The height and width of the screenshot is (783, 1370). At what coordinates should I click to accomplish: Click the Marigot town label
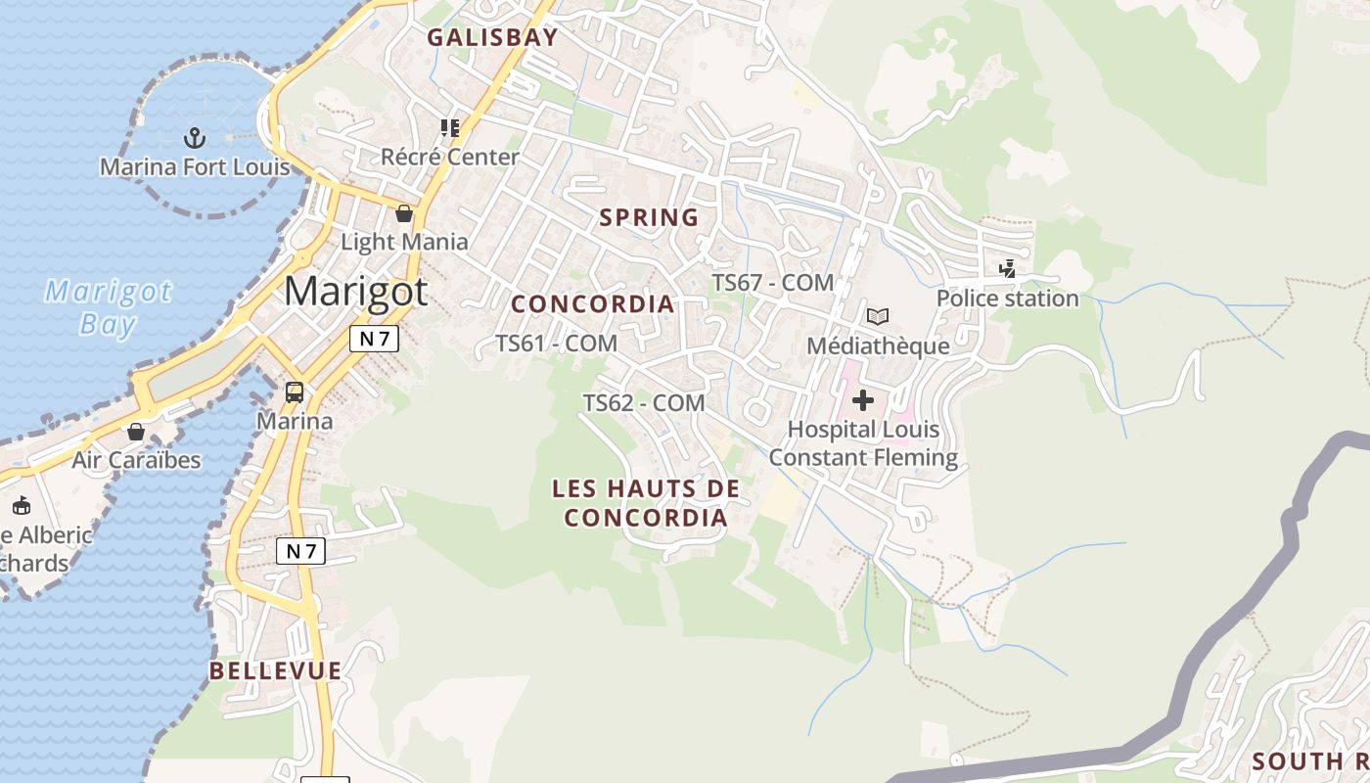coord(356,291)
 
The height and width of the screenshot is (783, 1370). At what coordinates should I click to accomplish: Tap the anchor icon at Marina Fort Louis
coord(195,137)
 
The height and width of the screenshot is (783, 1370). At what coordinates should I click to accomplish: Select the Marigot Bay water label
coord(108,307)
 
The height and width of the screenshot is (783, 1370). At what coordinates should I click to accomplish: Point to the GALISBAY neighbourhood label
coord(492,38)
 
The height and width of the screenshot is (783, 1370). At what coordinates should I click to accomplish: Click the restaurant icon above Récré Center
coord(450,128)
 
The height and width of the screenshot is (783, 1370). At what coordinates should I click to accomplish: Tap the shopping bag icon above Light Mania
coord(404,213)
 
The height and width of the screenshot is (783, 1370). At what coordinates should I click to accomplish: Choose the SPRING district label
coord(649,217)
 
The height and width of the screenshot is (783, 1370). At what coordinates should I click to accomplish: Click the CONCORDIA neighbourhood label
coord(593,304)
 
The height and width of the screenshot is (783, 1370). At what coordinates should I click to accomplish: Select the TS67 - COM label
coord(772,283)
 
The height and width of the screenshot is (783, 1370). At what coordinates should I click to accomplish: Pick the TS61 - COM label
coord(556,344)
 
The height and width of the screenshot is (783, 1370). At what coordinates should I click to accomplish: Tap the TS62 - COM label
coord(644,402)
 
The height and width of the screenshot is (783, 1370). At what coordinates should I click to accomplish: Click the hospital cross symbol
coord(863,399)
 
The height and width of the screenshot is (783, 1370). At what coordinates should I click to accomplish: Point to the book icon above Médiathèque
coord(878,316)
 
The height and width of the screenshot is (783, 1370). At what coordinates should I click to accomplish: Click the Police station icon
coord(1007,268)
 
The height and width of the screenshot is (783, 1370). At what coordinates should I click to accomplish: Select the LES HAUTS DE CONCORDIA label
coord(646,502)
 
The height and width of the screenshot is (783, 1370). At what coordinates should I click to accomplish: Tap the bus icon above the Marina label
coord(295,392)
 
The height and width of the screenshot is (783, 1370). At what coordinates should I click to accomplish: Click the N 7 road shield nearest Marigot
coord(374,339)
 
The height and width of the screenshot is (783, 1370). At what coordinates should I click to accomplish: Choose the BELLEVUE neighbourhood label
coord(276,670)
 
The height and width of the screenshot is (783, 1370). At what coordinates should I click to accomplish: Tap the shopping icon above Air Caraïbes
coord(136,432)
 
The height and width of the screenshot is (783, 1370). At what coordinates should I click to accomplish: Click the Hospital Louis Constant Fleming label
coord(863,443)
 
